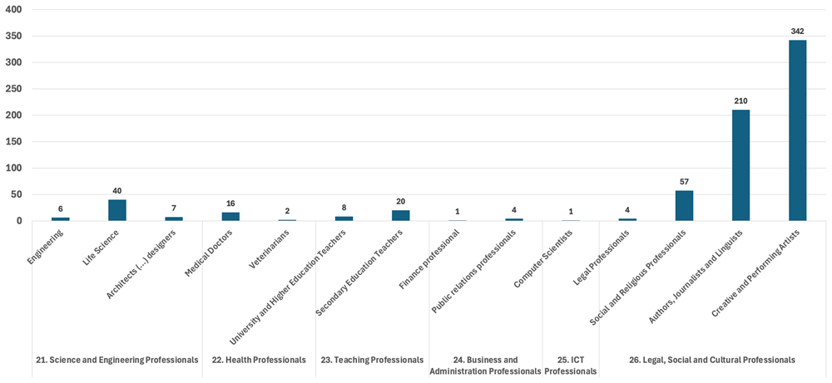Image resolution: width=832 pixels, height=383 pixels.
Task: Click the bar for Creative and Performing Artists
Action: coord(798,130)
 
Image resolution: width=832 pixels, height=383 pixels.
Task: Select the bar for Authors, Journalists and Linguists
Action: coord(740,165)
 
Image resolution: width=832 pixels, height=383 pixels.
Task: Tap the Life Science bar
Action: coord(117,210)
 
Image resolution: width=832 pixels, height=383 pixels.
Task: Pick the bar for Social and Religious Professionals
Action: coord(684,205)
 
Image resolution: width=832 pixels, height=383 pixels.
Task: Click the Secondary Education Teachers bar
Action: coord(401,216)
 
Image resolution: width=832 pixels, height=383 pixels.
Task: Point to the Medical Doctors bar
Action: coord(230,217)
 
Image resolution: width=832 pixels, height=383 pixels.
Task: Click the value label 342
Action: coord(798,32)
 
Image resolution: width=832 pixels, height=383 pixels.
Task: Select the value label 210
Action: coord(740,101)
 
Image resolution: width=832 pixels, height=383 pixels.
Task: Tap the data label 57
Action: coord(684,182)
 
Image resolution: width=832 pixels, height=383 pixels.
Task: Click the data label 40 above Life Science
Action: coord(117,191)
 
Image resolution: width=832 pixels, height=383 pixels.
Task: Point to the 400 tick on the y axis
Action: coord(15,9)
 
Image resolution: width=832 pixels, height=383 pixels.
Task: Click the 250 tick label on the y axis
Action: coord(15,89)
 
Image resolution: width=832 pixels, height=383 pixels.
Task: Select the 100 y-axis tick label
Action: coord(15,168)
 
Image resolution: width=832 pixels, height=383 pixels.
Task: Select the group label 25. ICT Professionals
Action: coord(571,365)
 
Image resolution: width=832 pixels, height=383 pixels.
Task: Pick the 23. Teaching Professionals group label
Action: coord(372,360)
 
